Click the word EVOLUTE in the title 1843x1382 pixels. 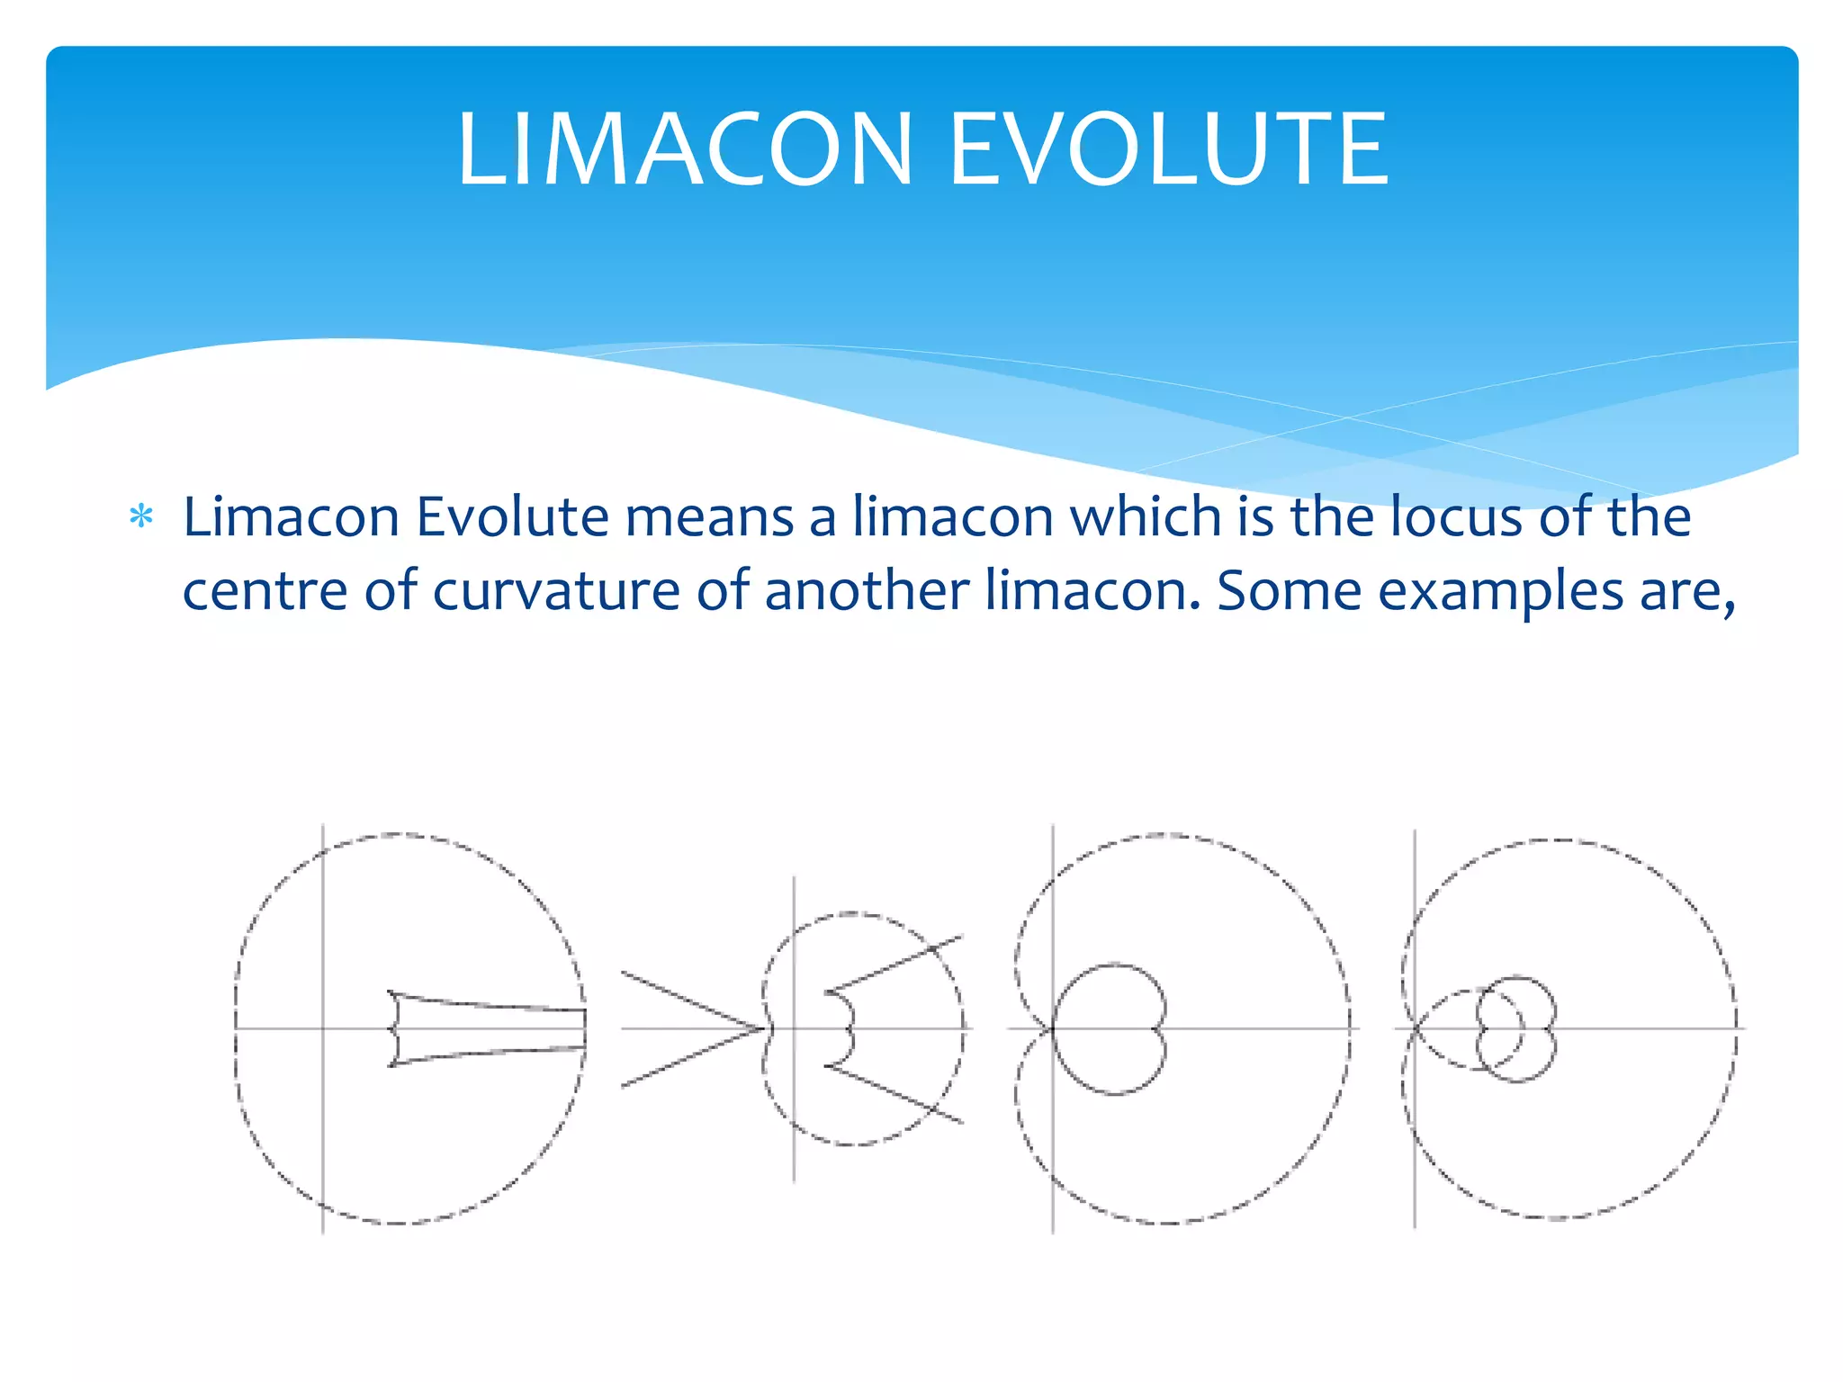tap(1169, 149)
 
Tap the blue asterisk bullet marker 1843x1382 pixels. tap(141, 517)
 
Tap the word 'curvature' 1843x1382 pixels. tap(555, 592)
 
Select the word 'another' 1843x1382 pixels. tap(866, 592)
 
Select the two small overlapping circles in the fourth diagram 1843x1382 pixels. tap(1516, 1028)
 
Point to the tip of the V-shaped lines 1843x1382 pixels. tap(763, 1028)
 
